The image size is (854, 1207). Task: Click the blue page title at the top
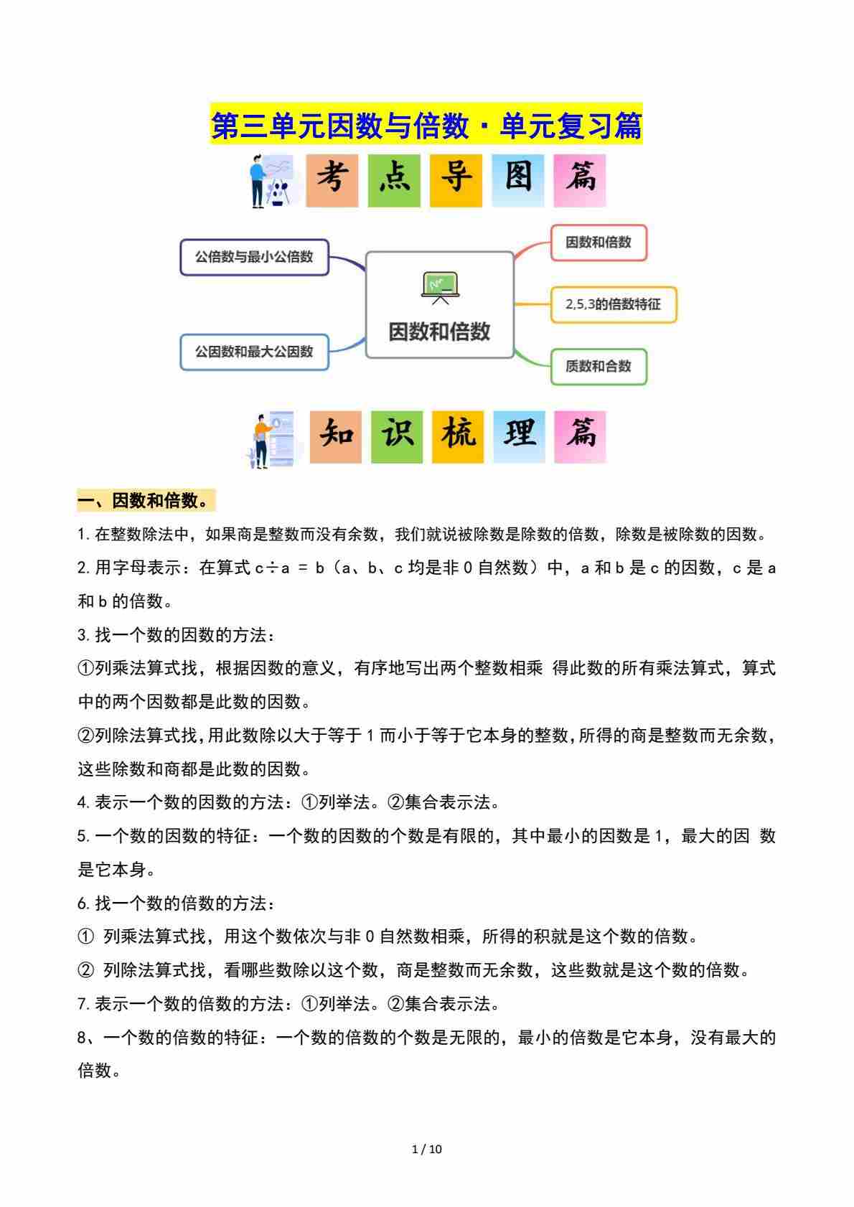point(426,126)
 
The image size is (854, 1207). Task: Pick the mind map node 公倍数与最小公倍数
point(254,257)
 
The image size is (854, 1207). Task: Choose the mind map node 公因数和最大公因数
point(254,352)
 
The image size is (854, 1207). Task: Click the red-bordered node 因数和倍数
point(599,243)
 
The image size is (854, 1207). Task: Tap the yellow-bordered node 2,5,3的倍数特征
point(613,304)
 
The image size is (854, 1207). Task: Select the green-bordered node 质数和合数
point(599,367)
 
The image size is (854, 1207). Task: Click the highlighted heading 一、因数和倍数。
point(146,501)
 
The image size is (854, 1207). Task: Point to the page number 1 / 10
point(427,1149)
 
